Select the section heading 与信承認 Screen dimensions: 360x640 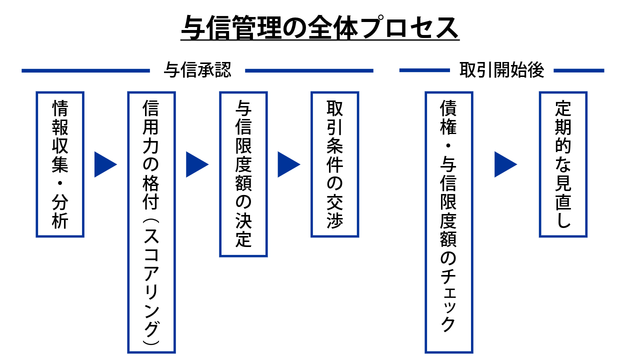tap(197, 70)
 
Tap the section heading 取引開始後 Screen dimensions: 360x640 tap(501, 70)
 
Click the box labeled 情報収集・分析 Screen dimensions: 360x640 tap(60, 164)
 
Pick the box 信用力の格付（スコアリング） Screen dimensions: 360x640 tap(151, 222)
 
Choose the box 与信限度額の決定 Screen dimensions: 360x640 tap(243, 174)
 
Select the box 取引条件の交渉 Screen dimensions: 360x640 tap(334, 164)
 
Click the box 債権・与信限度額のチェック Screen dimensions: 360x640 tap(448, 222)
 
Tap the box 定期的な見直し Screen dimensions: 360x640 tap(563, 164)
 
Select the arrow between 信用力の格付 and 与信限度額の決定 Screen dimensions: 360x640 tap(196, 164)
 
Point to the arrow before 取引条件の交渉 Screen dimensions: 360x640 tap(288, 164)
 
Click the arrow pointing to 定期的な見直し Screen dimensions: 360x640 tap(505, 164)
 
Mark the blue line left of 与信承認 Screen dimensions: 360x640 tap(85, 70)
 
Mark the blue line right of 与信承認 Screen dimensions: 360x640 tap(309, 70)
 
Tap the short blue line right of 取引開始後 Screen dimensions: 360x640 tap(578, 70)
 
